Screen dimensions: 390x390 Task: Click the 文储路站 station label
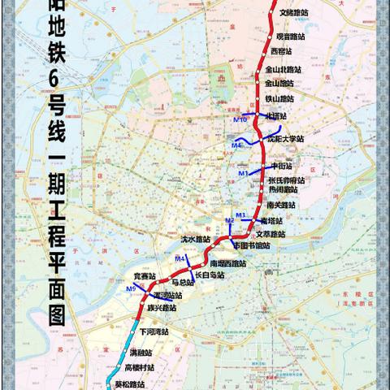293,13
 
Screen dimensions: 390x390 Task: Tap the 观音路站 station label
291,37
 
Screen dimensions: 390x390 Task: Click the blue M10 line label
240,120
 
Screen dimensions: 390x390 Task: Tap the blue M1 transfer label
243,174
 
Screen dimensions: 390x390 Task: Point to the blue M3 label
240,214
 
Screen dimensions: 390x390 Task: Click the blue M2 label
230,221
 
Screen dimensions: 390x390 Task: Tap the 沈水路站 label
195,240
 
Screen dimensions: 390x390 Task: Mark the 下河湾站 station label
153,332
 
